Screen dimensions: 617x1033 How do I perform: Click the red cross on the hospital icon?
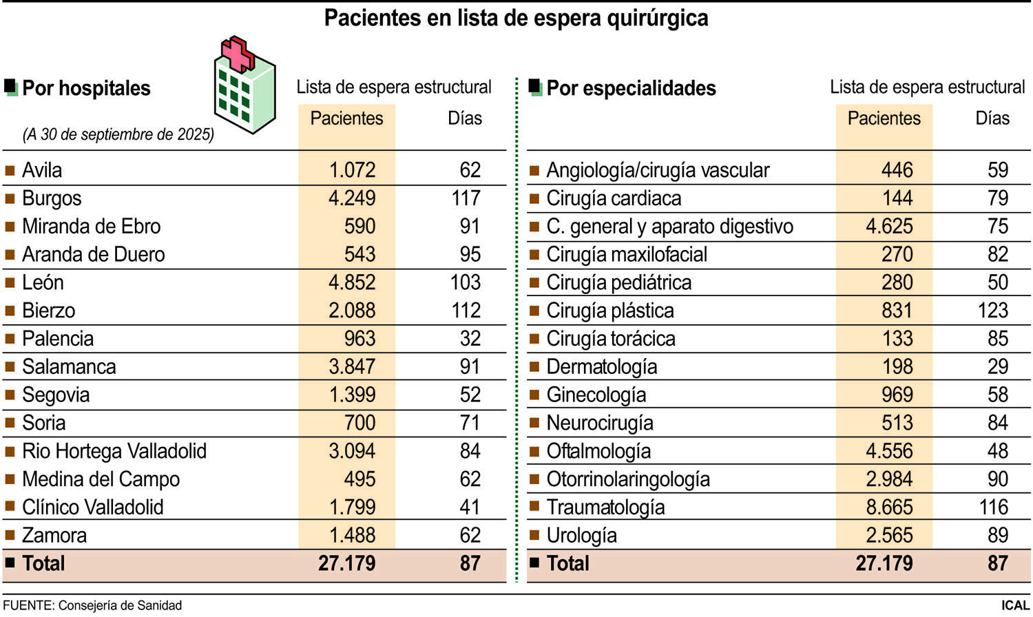pyautogui.click(x=238, y=54)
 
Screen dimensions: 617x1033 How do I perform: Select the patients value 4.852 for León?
pyautogui.click(x=352, y=282)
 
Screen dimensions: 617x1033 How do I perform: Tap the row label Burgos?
pyautogui.click(x=52, y=198)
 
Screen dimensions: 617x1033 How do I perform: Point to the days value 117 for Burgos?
pyautogui.click(x=466, y=198)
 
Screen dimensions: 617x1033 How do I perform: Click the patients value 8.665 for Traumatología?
pyautogui.click(x=889, y=508)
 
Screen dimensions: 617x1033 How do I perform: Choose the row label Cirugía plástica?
pyautogui.click(x=609, y=311)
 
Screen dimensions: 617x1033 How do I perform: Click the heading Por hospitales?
pyautogui.click(x=86, y=88)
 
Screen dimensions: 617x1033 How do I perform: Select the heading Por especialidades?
pyautogui.click(x=631, y=88)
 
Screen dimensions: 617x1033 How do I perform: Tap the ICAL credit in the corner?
pyautogui.click(x=1015, y=605)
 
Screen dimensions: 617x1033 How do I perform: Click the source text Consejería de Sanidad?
pyautogui.click(x=120, y=605)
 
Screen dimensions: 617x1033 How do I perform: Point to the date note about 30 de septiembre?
pyautogui.click(x=118, y=134)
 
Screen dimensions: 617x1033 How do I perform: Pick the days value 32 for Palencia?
pyautogui.click(x=470, y=339)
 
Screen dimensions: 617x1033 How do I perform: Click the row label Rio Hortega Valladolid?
pyautogui.click(x=114, y=451)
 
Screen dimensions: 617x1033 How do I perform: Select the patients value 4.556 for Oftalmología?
pyautogui.click(x=889, y=451)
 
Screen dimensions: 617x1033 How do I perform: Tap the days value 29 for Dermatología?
pyautogui.click(x=997, y=367)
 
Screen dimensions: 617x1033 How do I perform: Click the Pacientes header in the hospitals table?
pyautogui.click(x=346, y=118)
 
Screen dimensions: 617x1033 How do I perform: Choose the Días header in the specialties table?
pyautogui.click(x=992, y=118)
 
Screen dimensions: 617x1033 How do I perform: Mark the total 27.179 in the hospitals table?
pyautogui.click(x=346, y=563)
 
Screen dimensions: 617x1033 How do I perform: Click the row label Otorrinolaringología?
pyautogui.click(x=627, y=479)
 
